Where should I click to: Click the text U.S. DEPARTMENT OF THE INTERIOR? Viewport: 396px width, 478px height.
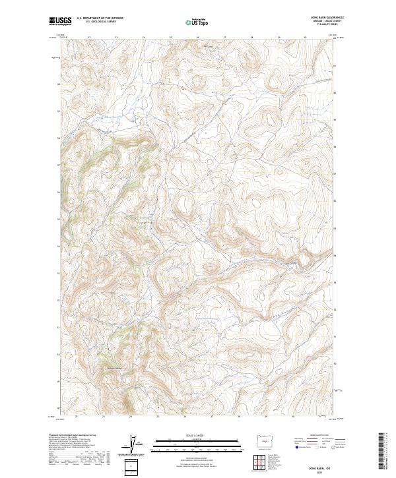(x=100, y=18)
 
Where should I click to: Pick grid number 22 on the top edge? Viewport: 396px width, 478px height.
(x=88, y=37)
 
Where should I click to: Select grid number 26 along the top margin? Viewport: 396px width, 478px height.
(x=197, y=37)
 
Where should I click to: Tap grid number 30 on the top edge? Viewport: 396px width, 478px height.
(x=305, y=37)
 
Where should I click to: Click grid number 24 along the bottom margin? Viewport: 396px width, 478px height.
(x=131, y=417)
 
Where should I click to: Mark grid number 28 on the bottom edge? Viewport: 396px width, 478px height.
(x=239, y=417)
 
